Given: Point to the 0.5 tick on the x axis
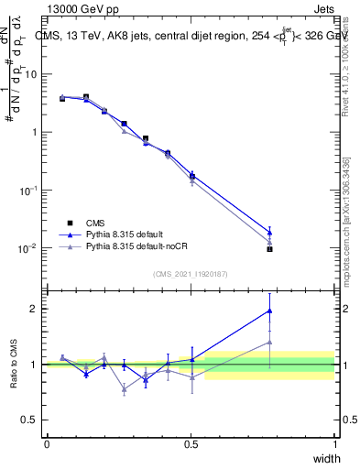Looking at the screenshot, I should coord(191,443).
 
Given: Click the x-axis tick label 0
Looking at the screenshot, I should coord(47,443).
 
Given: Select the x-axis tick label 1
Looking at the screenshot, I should coord(334,443).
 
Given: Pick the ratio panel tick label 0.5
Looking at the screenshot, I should coord(31,420).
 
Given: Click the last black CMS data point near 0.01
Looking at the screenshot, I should coord(269,248).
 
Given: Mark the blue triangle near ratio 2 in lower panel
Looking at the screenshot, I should coord(269,311).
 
